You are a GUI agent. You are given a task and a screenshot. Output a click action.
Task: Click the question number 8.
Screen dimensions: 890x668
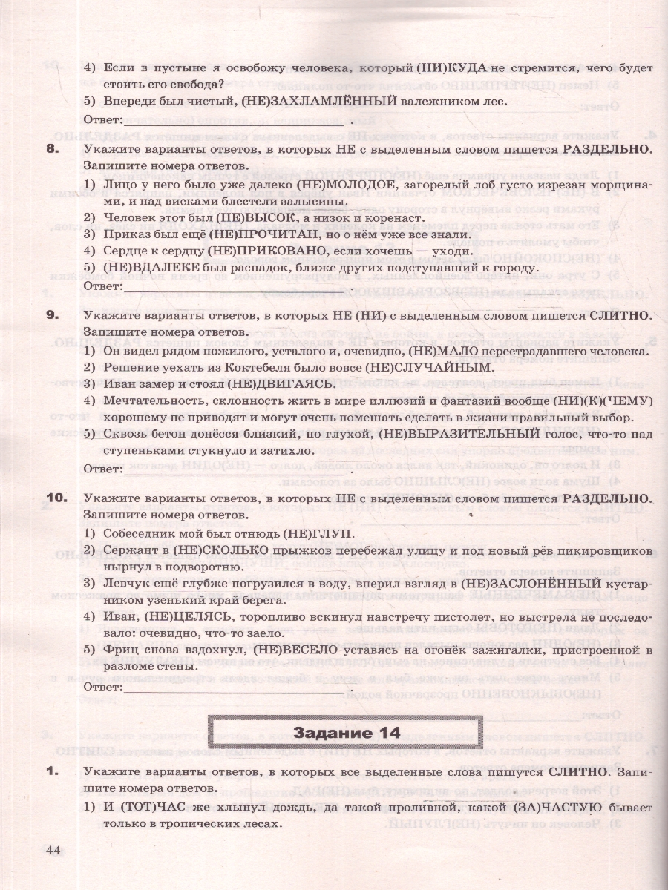pyautogui.click(x=53, y=149)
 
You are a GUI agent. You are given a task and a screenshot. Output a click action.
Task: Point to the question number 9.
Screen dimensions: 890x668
pyautogui.click(x=53, y=315)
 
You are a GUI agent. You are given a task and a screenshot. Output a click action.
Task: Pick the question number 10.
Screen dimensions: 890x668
pyautogui.click(x=56, y=497)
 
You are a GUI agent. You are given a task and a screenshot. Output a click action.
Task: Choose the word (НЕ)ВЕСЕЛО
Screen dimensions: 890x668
pyautogui.click(x=295, y=650)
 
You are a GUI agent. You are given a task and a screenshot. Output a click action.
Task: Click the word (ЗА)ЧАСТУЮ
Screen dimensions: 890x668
pyautogui.click(x=557, y=806)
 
